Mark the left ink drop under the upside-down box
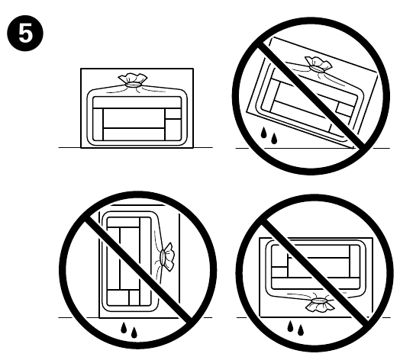tap(290, 327)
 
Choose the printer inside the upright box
tap(134, 119)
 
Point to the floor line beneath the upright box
tap(69, 146)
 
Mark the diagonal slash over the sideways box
tap(130, 259)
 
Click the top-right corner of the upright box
tap(192, 70)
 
